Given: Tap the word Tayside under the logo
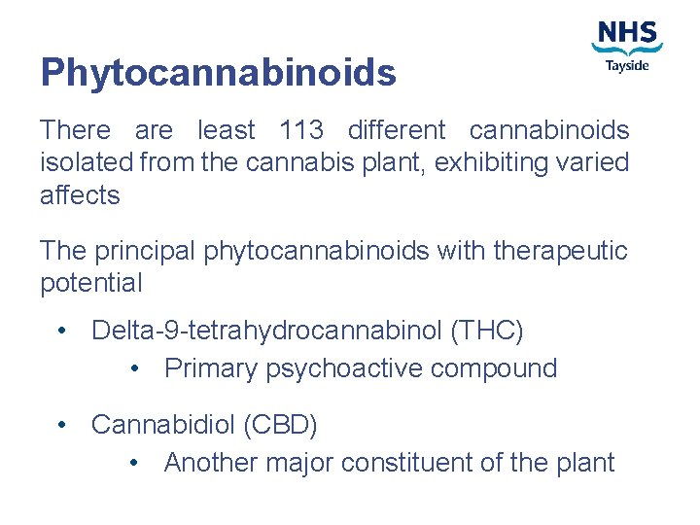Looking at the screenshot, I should [627, 66].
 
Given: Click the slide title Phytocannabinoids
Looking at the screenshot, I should [218, 72].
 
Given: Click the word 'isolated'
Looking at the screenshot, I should [86, 162].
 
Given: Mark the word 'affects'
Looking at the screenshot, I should [80, 195].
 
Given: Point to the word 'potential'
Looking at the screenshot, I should [90, 284].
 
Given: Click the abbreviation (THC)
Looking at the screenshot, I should [487, 332].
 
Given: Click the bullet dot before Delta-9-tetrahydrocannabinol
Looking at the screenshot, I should [62, 332].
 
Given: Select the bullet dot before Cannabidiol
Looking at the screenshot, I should [62, 425].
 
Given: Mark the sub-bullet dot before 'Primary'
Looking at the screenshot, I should [135, 369].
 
